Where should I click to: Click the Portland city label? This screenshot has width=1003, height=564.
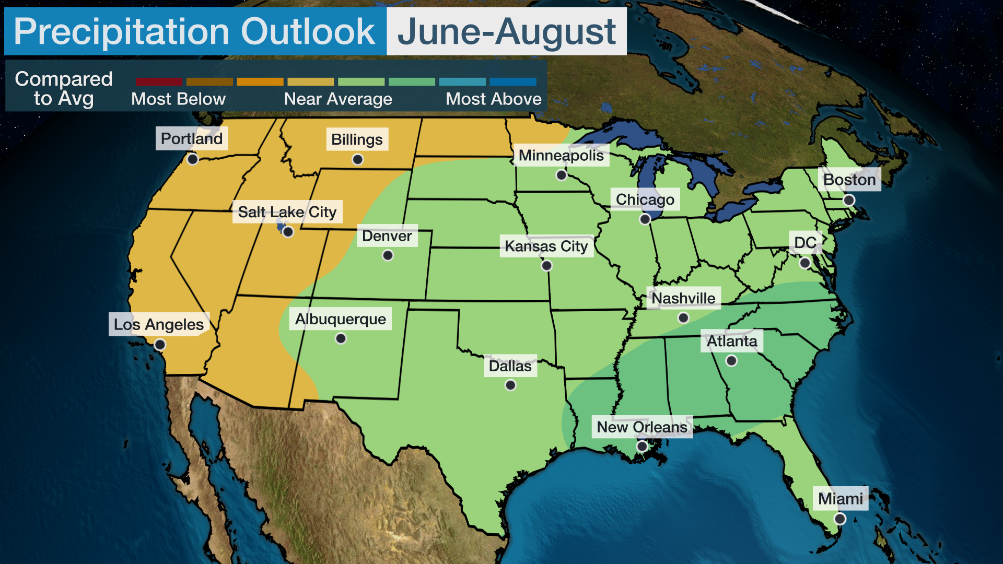pyautogui.click(x=192, y=138)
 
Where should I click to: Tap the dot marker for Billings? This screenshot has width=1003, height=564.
pyautogui.click(x=357, y=159)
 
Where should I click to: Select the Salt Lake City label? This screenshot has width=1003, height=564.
pyautogui.click(x=287, y=212)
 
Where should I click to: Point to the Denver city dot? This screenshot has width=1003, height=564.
pyautogui.click(x=388, y=255)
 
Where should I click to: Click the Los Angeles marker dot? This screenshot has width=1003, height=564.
pyautogui.click(x=160, y=345)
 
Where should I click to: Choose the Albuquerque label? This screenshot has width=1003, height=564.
pyautogui.click(x=340, y=319)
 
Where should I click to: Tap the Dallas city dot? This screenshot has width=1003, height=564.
pyautogui.click(x=510, y=385)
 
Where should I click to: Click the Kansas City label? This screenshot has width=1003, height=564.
pyautogui.click(x=546, y=246)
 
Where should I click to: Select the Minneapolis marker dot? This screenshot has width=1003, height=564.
pyautogui.click(x=561, y=175)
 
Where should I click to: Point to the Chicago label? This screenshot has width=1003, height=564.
pyautogui.click(x=645, y=199)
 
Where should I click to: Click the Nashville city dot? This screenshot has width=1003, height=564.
pyautogui.click(x=683, y=318)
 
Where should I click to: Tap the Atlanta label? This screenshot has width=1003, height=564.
pyautogui.click(x=731, y=341)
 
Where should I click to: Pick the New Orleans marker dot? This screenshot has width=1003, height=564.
pyautogui.click(x=642, y=446)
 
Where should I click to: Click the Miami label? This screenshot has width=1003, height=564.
pyautogui.click(x=840, y=499)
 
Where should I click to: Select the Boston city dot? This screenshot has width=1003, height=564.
pyautogui.click(x=849, y=200)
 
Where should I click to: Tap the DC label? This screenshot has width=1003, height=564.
pyautogui.click(x=804, y=242)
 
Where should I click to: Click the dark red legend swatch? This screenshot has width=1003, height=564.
pyautogui.click(x=159, y=82)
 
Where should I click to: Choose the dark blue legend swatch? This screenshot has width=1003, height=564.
pyautogui.click(x=512, y=82)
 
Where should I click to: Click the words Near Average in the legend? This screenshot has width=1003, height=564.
pyautogui.click(x=338, y=99)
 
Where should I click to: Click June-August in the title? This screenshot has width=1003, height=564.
pyautogui.click(x=506, y=31)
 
